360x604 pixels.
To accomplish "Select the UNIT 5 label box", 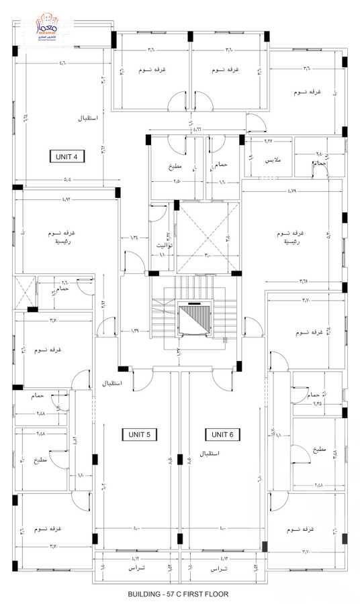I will [x=140, y=435].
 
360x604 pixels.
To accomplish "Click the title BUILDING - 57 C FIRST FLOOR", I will [x=179, y=594].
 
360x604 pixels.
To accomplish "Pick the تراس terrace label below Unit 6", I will [x=219, y=569].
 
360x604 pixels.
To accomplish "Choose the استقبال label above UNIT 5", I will [x=111, y=385].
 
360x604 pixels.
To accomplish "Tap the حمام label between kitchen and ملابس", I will [x=221, y=164].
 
